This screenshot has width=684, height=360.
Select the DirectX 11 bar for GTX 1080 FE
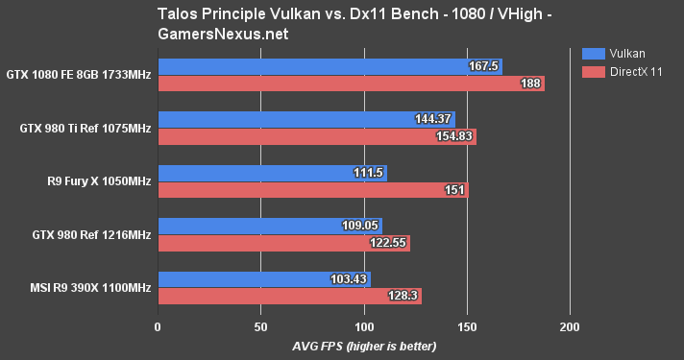351,84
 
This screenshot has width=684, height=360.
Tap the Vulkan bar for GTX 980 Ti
305,119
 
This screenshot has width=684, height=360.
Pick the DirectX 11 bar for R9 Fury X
312,190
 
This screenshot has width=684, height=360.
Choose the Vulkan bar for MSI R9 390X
263,279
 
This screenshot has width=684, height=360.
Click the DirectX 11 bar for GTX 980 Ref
283,244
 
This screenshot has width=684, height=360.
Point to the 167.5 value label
484,66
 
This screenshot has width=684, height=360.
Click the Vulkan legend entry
625,53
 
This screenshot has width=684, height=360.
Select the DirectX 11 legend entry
634,71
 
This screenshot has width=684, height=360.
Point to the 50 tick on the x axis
261,326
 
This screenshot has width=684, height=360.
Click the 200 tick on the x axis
570,326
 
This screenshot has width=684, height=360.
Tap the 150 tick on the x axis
467,326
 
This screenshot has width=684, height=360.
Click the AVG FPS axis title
364,346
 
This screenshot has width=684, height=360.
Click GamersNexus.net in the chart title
214,33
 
